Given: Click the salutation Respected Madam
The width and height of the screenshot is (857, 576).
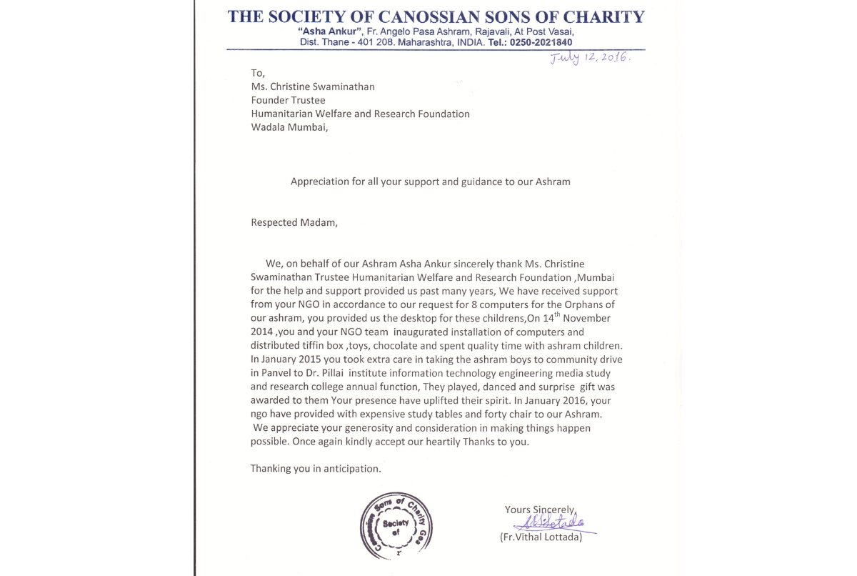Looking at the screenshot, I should tap(294, 222).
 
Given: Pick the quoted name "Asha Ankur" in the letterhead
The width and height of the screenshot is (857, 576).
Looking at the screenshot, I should tap(331, 32).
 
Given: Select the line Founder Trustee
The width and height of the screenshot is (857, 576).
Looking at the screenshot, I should tap(288, 100).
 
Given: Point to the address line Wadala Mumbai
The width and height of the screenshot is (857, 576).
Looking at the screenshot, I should tap(291, 127).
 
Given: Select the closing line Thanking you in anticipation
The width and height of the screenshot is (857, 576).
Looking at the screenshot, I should tap(316, 469).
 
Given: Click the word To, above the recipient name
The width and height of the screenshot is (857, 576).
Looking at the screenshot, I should tap(258, 73).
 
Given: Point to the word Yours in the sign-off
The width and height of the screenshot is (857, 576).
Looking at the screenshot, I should tap(518, 510).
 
